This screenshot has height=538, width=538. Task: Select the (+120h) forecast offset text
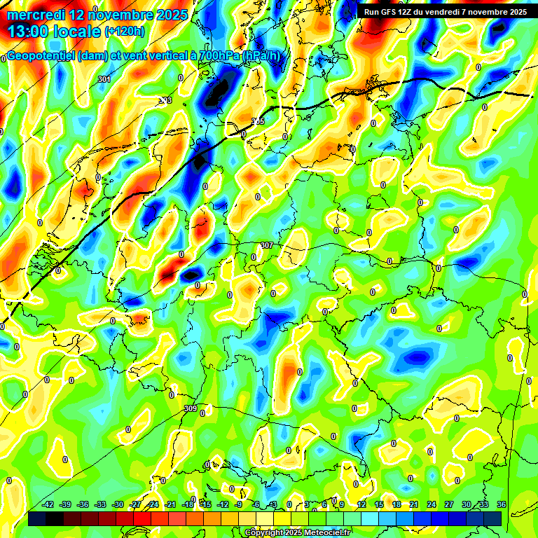[x=124, y=31]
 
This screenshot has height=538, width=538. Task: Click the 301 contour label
[x=104, y=79]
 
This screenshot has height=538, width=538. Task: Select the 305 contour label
[x=258, y=121]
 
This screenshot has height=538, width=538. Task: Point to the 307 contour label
[x=266, y=245]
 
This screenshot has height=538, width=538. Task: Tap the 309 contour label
[x=191, y=408]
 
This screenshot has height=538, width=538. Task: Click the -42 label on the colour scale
[x=48, y=504]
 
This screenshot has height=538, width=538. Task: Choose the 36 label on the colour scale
[x=502, y=504]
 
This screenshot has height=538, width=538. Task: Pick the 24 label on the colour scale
[x=431, y=504]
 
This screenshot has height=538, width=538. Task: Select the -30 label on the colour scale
[x=118, y=504]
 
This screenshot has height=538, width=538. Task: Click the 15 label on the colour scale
[x=378, y=504]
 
